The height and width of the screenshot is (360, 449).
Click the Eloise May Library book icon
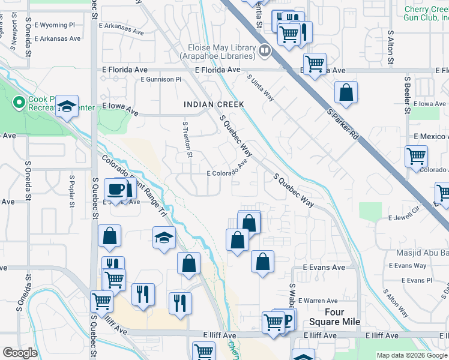pos(264,51)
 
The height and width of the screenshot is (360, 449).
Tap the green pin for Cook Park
pos(18,103)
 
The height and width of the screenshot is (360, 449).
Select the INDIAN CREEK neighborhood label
pos(214,104)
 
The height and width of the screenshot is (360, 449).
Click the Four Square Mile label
pos(334,317)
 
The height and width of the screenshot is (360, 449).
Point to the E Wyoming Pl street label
pos(55,25)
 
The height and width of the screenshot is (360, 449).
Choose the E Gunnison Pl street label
pos(161,79)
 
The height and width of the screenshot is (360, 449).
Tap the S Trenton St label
pos(188,140)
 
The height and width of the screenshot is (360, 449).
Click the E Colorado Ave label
pos(228,170)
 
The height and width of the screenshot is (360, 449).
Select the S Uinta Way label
pos(261,88)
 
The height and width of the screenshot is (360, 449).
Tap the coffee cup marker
pos(116,190)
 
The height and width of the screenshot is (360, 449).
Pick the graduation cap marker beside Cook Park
pos(67,107)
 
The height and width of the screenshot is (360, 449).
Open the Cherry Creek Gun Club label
pos(426,13)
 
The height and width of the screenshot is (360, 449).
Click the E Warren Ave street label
pos(321,301)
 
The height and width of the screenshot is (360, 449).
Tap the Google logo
pos(20,353)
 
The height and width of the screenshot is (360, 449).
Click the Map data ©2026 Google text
pos(412,355)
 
